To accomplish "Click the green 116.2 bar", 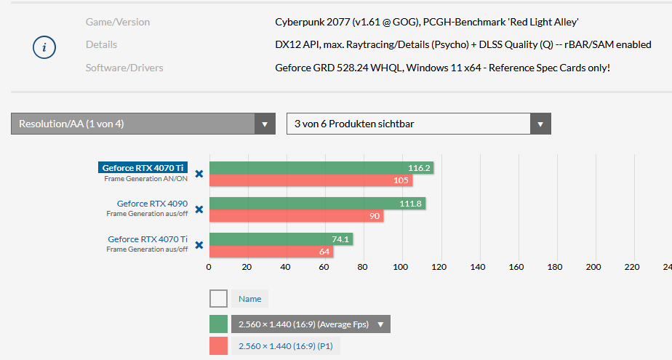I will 321,168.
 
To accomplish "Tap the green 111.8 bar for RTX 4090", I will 317,204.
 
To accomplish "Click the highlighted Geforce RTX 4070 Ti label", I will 143,167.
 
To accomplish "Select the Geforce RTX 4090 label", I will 152,204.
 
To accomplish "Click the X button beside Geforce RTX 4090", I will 199,209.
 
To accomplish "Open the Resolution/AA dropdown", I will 143,124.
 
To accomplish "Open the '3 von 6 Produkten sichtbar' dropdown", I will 418,124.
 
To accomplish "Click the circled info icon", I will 44,47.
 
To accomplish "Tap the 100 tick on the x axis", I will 401,267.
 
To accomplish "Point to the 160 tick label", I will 516,267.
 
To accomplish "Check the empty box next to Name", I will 218,298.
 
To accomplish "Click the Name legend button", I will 249,298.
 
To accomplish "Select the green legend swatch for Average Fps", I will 218,324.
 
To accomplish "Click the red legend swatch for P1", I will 218,346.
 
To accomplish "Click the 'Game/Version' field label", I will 118,22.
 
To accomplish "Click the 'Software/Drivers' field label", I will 124,68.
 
